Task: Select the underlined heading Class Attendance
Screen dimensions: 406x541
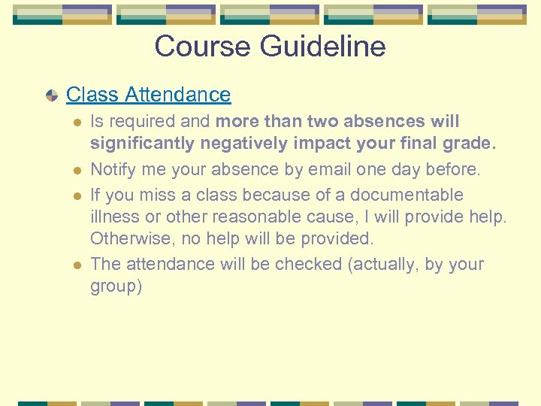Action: point(148,95)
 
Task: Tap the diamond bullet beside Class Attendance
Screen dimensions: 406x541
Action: point(51,95)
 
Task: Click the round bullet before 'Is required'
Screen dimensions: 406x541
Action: point(74,122)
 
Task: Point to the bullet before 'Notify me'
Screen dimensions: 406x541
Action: point(74,171)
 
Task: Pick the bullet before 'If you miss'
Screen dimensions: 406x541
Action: point(74,195)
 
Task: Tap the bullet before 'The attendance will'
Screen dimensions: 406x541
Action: point(74,265)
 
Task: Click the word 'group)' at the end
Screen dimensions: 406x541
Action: point(116,287)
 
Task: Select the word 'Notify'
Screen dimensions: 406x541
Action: point(113,170)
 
